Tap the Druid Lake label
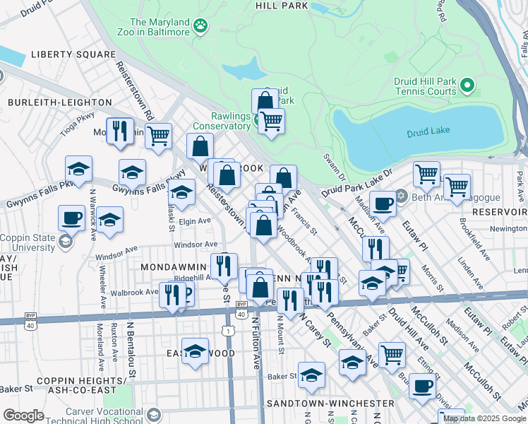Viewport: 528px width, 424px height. [428, 133]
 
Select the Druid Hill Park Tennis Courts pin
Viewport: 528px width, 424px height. [467, 87]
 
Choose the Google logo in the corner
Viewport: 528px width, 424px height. [23, 416]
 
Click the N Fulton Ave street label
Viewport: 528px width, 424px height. [257, 343]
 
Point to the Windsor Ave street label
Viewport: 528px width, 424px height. [196, 244]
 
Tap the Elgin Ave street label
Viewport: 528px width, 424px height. [195, 221]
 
